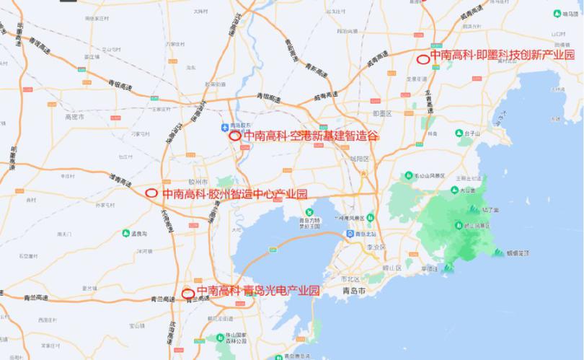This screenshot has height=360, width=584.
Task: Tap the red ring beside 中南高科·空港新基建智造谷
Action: pyautogui.click(x=234, y=136)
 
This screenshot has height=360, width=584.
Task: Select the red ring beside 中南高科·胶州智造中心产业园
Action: pyautogui.click(x=151, y=193)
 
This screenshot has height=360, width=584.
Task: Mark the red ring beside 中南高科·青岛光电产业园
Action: pyautogui.click(x=188, y=293)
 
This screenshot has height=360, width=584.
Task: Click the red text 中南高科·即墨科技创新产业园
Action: pyautogui.click(x=502, y=56)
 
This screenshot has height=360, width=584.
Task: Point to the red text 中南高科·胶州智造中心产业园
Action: pyautogui.click(x=234, y=193)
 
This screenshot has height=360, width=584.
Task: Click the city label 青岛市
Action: pyautogui.click(x=358, y=291)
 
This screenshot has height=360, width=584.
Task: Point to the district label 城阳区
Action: pyautogui.click(x=359, y=158)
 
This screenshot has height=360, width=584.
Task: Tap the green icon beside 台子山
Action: pyautogui.click(x=459, y=133)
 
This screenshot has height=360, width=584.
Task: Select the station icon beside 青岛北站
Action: pyautogui.click(x=350, y=234)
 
